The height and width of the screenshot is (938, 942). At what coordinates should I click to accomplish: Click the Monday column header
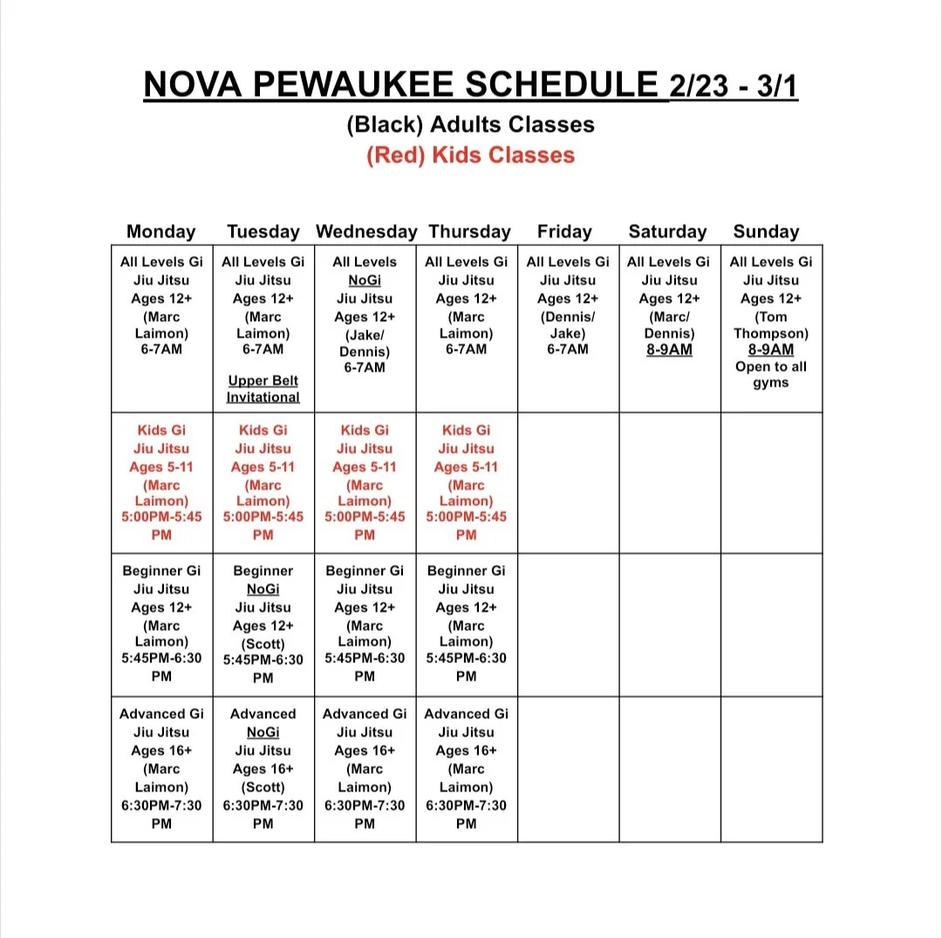(161, 231)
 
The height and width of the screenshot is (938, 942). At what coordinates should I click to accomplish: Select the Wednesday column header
(366, 231)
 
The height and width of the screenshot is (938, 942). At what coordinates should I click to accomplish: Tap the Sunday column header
(766, 231)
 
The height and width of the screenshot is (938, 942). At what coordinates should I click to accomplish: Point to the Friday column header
(564, 231)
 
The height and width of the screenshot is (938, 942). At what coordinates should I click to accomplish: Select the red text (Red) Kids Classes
(471, 155)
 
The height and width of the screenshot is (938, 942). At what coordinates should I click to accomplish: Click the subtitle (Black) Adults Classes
(471, 125)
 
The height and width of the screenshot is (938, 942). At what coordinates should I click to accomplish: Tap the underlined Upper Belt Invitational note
(263, 389)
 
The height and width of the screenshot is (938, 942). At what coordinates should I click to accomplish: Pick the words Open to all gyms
(771, 374)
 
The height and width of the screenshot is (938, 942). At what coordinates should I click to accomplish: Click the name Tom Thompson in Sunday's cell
(771, 325)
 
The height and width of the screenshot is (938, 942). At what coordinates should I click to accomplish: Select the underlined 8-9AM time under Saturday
(670, 350)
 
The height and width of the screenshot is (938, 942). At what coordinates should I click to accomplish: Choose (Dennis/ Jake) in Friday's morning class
(568, 325)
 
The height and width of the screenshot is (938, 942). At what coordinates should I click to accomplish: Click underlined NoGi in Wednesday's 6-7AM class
(365, 280)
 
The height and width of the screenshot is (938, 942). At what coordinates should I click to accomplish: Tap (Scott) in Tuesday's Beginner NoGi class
(263, 644)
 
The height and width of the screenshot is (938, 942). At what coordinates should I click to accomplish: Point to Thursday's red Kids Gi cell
(467, 483)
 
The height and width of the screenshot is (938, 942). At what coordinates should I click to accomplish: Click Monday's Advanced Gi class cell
(162, 769)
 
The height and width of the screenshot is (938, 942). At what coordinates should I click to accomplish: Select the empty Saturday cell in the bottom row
(670, 769)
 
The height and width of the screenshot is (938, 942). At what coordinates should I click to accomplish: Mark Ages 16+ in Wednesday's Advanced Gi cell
(365, 750)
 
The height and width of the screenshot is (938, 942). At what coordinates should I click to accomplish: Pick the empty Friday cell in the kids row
(568, 483)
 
